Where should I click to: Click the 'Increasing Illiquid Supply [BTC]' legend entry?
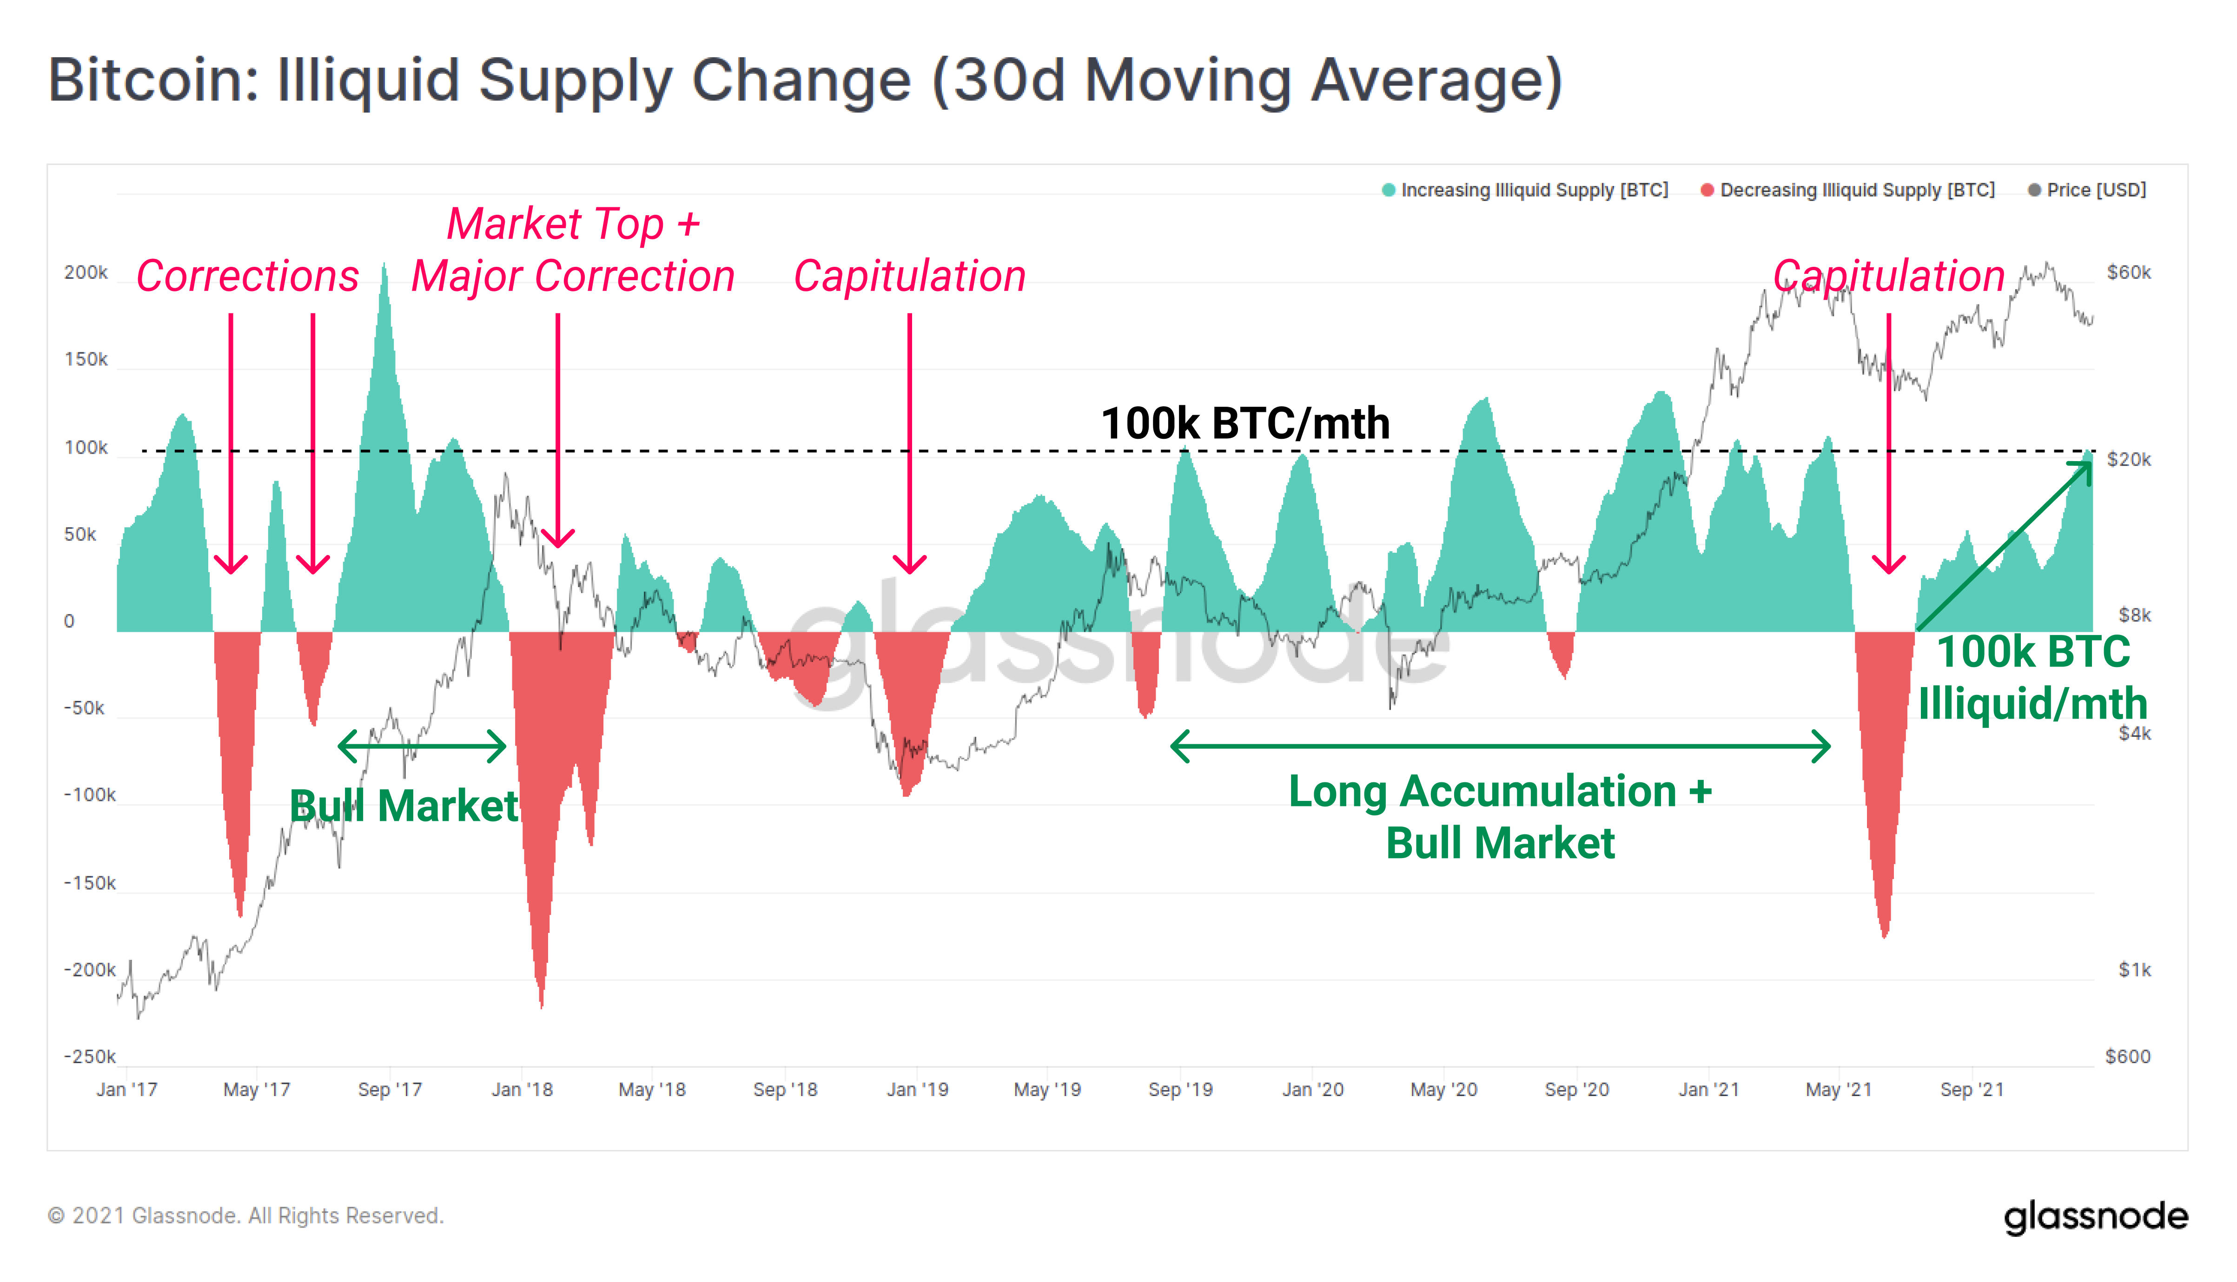[1533, 190]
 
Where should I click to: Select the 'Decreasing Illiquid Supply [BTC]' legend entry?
[1856, 190]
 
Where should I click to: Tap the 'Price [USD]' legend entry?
[2095, 190]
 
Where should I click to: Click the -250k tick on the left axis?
[89, 1057]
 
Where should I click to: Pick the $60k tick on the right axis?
[2128, 273]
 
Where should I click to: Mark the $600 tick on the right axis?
[2127, 1057]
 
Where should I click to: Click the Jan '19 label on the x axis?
[917, 1090]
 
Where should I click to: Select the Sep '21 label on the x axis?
[1971, 1090]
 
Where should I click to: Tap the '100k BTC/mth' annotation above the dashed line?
[1245, 423]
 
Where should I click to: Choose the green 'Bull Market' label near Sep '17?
[404, 806]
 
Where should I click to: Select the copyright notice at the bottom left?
[245, 1216]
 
